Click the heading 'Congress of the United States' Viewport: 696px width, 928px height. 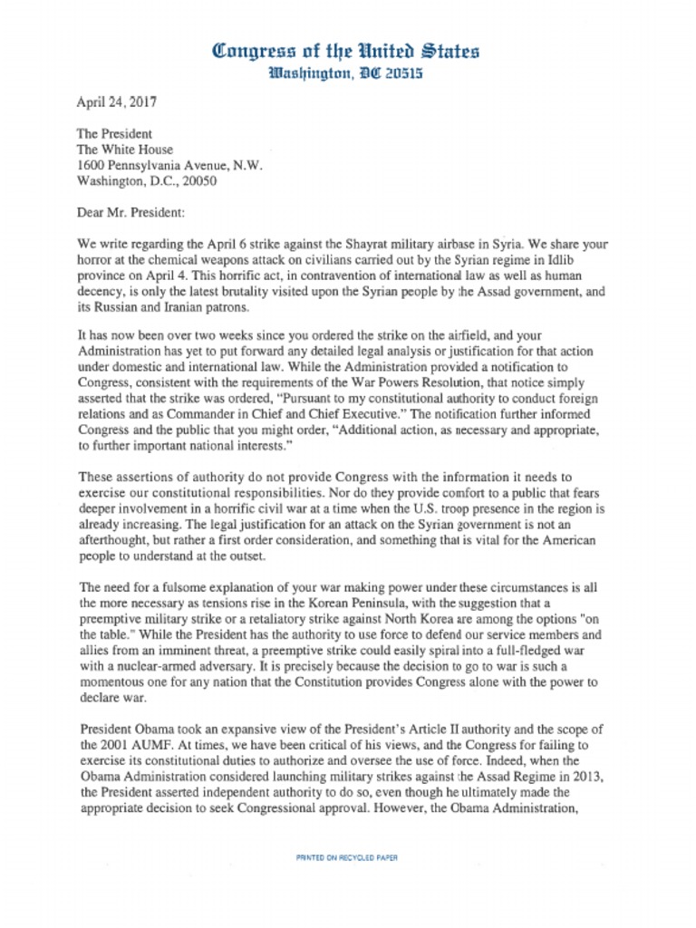[x=346, y=51]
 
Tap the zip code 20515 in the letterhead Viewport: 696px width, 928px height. [x=398, y=73]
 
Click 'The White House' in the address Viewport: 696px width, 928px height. [x=124, y=150]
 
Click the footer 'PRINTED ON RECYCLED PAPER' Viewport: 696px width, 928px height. [x=347, y=857]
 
